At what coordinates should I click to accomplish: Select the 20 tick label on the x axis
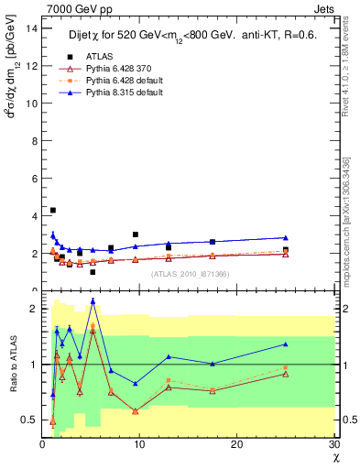coord(236,444)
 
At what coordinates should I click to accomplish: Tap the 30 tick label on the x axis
coord(333,444)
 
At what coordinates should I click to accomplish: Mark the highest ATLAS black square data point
coord(52,211)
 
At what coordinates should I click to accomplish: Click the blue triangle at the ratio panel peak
coord(93,300)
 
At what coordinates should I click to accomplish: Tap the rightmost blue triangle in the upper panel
coord(286,237)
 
